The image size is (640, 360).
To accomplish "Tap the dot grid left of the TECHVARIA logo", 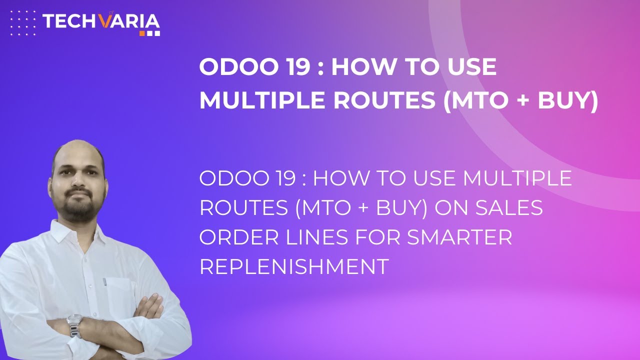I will (x=23, y=23).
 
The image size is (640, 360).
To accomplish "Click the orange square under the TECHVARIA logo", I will (x=142, y=33).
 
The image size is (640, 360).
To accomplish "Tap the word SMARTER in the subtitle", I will (x=459, y=237).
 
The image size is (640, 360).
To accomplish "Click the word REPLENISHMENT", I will (x=294, y=266).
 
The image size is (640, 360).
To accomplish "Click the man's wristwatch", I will (x=75, y=325).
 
